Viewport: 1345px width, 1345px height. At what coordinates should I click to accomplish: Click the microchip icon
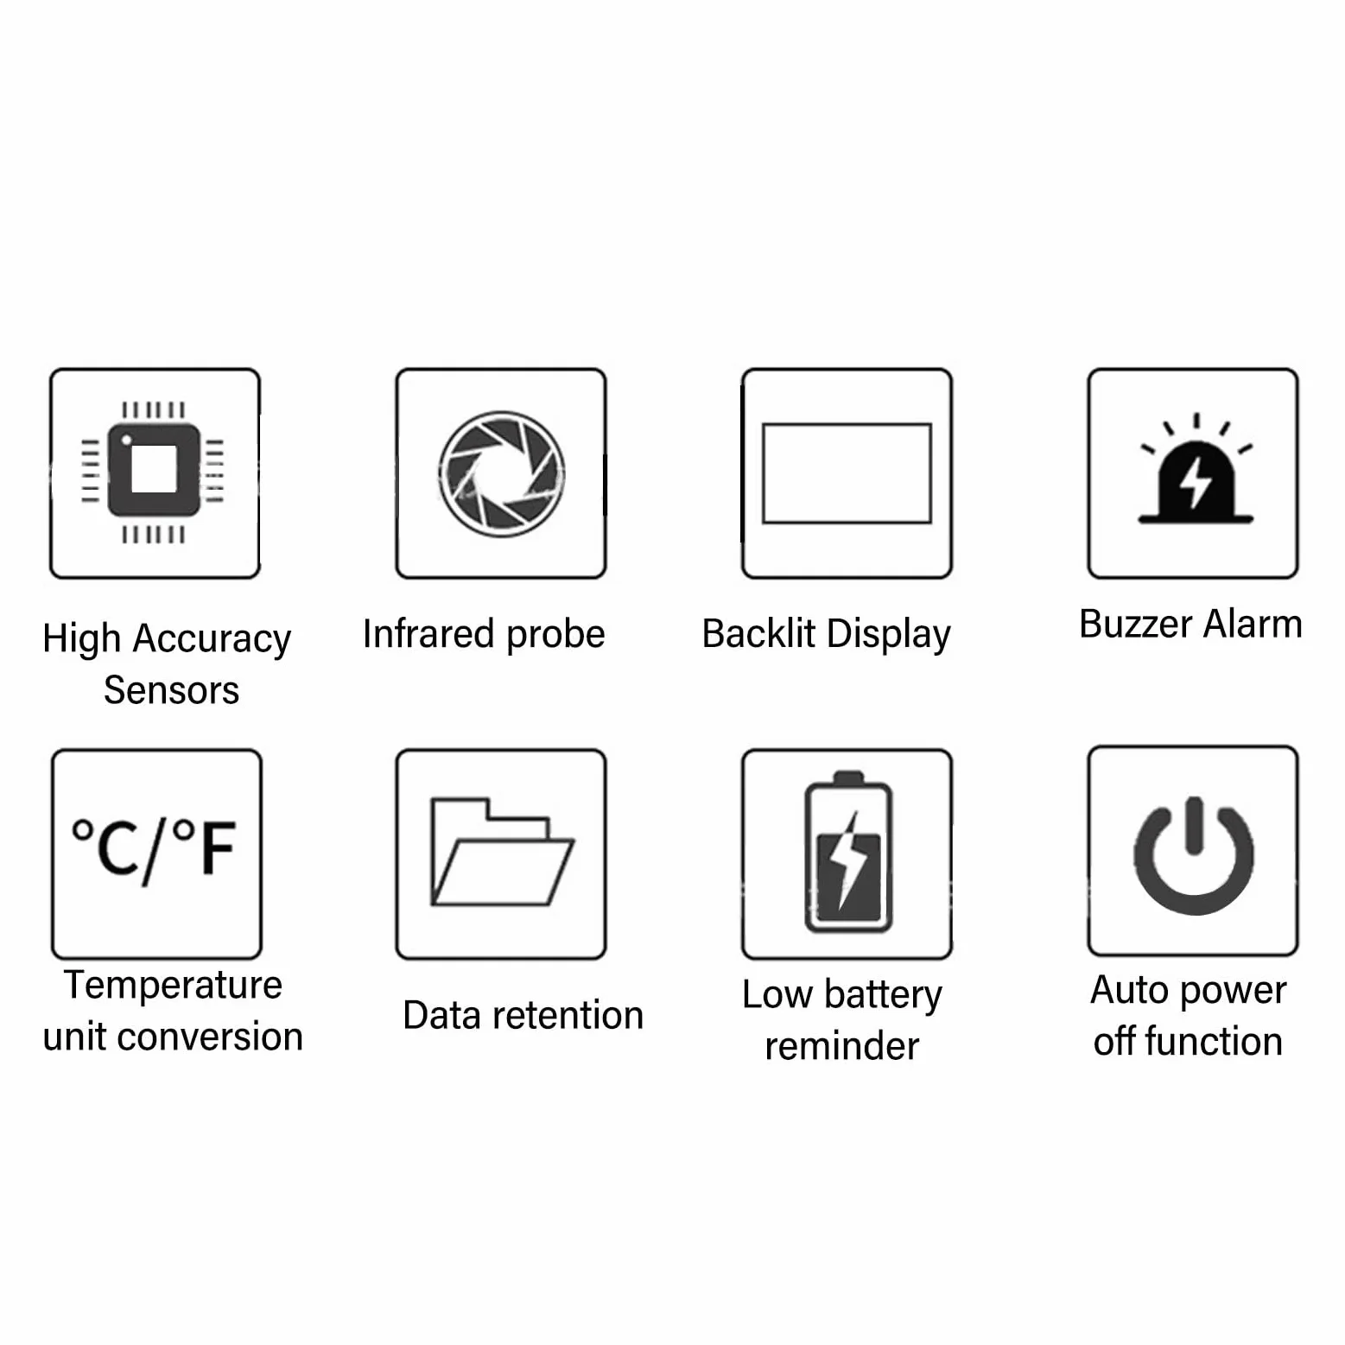click(x=154, y=472)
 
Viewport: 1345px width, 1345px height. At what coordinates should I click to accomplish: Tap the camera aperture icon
click(x=501, y=473)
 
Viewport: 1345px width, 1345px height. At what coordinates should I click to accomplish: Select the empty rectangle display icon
click(x=847, y=473)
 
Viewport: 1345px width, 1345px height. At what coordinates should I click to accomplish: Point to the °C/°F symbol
click(x=154, y=850)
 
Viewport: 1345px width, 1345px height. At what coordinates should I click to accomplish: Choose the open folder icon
click(x=502, y=852)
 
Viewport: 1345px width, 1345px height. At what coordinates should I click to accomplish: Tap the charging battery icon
click(x=847, y=852)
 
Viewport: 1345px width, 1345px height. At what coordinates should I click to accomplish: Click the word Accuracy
click(x=212, y=640)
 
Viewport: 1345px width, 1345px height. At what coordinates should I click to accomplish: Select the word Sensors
click(x=171, y=690)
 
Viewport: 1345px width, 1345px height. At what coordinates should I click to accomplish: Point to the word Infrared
click(x=428, y=633)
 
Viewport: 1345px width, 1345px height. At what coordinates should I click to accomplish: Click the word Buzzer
click(x=1134, y=624)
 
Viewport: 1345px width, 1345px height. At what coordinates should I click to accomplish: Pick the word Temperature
click(x=173, y=985)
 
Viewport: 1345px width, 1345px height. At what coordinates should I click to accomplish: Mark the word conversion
click(x=210, y=1037)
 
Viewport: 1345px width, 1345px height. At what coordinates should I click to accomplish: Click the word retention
click(x=568, y=1015)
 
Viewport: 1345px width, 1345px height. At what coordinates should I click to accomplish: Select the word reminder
click(x=842, y=1046)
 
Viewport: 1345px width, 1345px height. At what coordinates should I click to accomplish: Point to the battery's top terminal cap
click(x=848, y=776)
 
